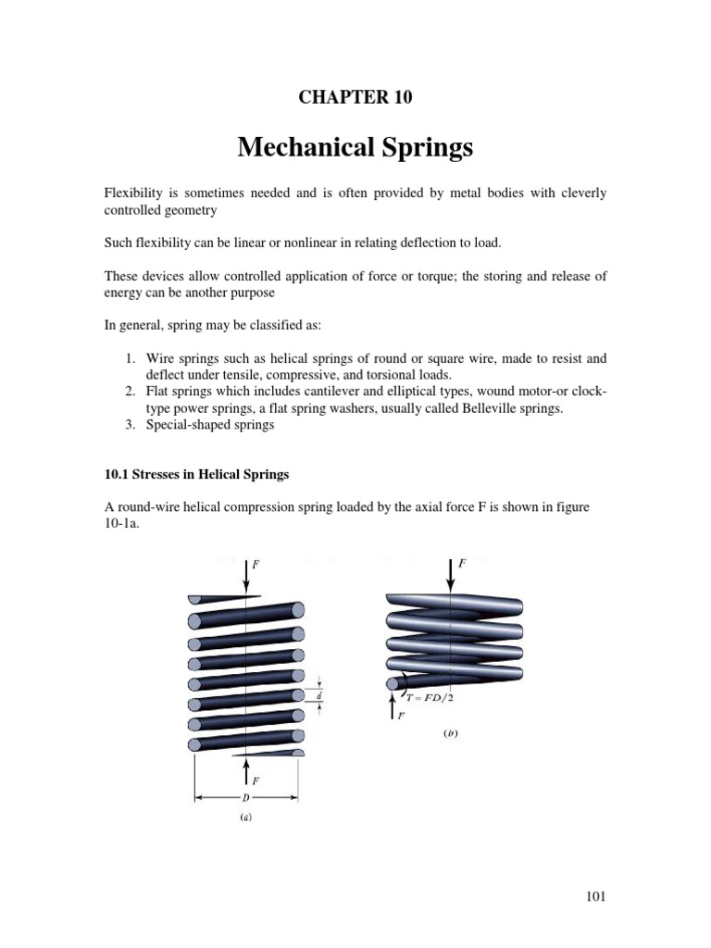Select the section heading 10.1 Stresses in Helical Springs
pos(196,474)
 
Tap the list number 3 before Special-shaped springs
pos(131,425)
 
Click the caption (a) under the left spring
pos(245,817)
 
